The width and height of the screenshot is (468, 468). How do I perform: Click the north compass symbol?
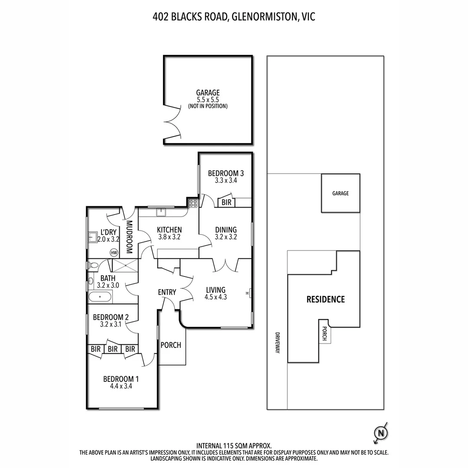[x=380, y=432]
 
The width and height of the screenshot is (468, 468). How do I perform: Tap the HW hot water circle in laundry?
[x=114, y=253]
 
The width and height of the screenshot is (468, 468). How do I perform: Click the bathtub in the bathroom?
[x=100, y=297]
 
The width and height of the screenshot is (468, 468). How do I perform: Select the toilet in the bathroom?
[x=93, y=265]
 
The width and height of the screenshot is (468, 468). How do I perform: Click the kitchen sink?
[x=161, y=212]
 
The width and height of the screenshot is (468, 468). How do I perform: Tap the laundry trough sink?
[x=92, y=237]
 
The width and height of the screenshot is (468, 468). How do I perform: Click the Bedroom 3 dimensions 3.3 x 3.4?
[x=226, y=180]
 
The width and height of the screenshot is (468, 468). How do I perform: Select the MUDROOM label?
[x=129, y=237]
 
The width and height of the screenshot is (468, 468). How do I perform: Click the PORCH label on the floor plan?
[x=171, y=345]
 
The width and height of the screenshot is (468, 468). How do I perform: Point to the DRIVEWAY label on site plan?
[x=277, y=343]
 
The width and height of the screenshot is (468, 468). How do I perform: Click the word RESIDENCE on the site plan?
[x=325, y=299]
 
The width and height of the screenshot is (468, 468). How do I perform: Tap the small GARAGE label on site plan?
[x=341, y=193]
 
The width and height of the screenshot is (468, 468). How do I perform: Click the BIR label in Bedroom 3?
[x=226, y=202]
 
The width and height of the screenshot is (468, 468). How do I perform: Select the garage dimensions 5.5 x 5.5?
[x=208, y=100]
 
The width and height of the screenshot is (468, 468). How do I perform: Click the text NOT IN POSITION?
[x=208, y=106]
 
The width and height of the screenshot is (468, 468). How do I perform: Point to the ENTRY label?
[x=167, y=292]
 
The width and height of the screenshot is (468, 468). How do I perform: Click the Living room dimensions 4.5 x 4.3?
[x=215, y=297]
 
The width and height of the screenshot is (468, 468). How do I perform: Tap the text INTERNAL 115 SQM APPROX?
[x=234, y=446]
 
